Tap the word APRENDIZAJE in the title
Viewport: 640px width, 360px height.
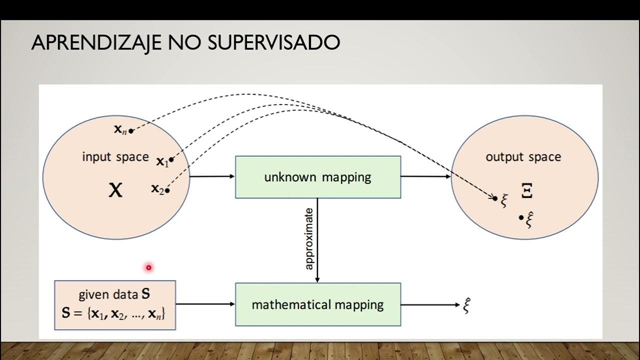95,43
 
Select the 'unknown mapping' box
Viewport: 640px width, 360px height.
318,177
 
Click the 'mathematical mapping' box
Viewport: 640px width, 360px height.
318,304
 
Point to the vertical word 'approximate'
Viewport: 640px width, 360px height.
309,238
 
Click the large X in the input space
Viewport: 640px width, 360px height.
115,190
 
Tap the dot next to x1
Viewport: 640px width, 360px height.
171,160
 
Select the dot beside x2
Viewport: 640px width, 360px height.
167,190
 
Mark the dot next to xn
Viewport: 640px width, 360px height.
131,131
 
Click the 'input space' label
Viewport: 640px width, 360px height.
115,157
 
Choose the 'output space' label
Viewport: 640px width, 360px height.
523,157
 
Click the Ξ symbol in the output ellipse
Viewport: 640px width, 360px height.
527,190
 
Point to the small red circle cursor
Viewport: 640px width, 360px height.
148,268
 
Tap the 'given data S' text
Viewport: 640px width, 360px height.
114,294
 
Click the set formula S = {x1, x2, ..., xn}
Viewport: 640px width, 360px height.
114,314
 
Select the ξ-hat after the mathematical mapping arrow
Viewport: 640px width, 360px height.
467,305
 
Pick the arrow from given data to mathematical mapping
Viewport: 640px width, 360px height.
205,304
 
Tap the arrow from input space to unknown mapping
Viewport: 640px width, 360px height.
212,176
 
